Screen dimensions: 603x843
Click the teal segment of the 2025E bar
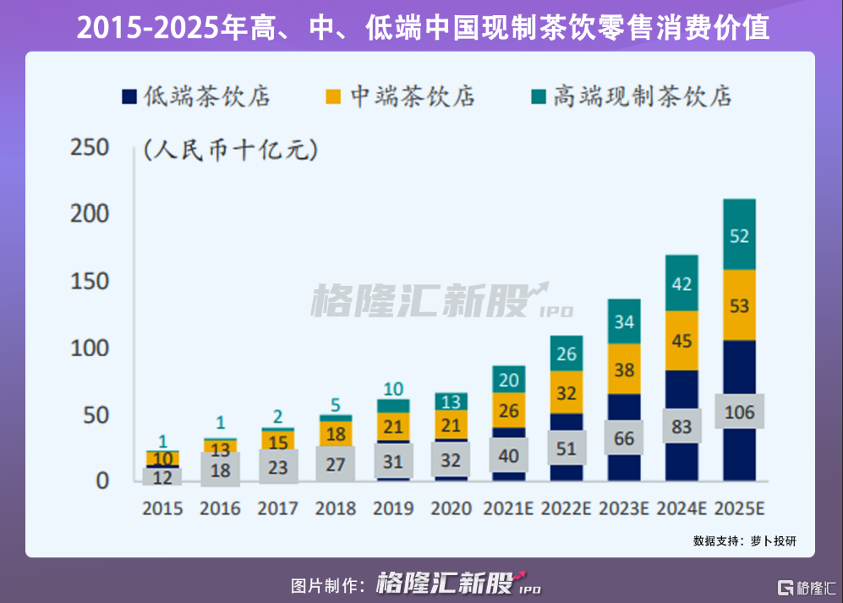click(x=739, y=234)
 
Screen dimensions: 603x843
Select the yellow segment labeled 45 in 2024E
click(x=682, y=341)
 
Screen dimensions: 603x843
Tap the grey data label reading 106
click(x=739, y=412)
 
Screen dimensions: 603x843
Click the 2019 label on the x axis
click(x=393, y=508)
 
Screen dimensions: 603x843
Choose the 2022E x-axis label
click(x=567, y=508)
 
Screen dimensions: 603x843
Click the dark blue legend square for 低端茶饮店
click(x=129, y=96)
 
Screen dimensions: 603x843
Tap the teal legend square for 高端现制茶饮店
click(x=539, y=96)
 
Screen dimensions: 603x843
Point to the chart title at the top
click(x=422, y=28)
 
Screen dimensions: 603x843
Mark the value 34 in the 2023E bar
click(x=624, y=322)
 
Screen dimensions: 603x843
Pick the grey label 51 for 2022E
click(x=567, y=447)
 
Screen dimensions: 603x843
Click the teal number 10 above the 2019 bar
click(x=393, y=390)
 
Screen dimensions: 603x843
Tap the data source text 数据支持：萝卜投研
click(x=744, y=540)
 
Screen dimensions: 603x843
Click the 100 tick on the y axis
click(x=90, y=348)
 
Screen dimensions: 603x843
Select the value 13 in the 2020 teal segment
click(x=451, y=402)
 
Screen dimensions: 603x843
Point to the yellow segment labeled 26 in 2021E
click(x=509, y=410)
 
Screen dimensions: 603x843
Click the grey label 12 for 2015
click(x=162, y=477)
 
